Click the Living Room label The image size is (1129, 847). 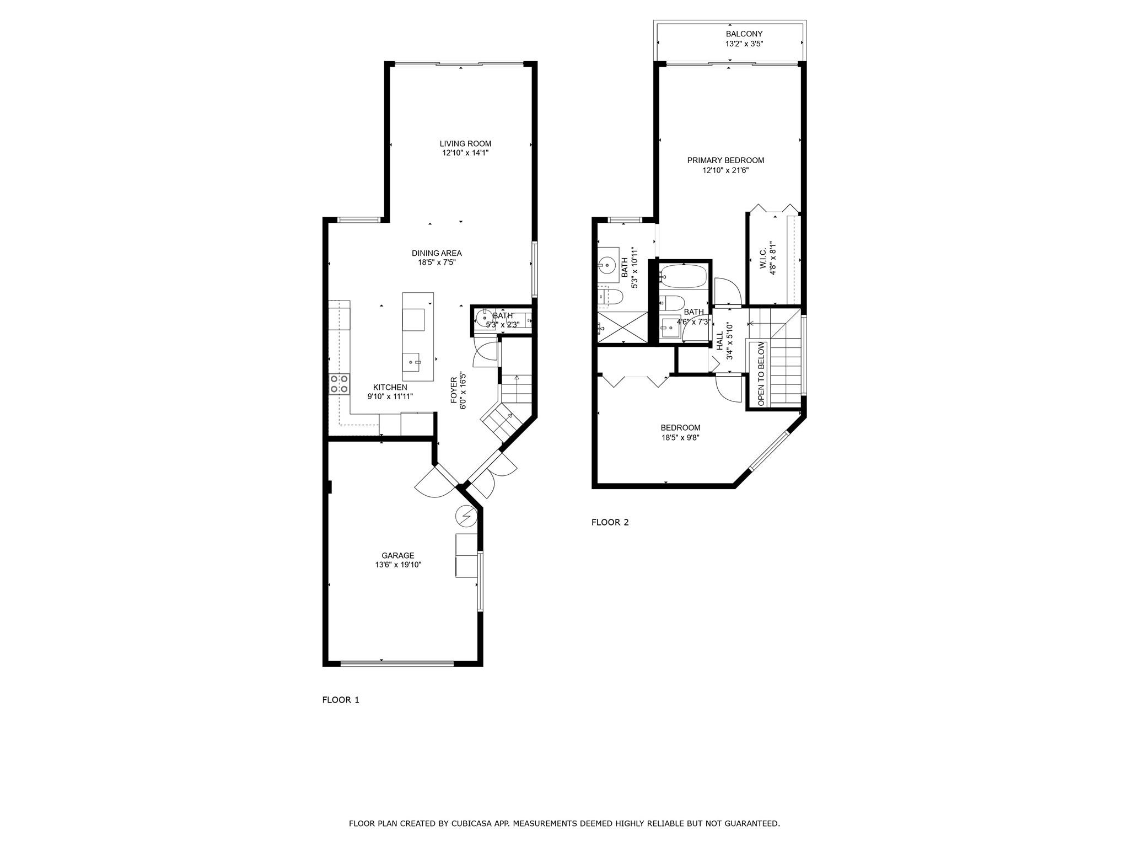point(465,144)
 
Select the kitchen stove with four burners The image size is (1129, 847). point(339,383)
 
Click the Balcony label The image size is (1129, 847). point(744,34)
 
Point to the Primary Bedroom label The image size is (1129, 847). point(725,160)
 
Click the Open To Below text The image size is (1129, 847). point(761,374)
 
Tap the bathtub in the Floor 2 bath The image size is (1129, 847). point(684,276)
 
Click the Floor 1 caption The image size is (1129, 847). point(341,700)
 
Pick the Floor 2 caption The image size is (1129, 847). point(610,522)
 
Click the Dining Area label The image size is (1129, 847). point(437,254)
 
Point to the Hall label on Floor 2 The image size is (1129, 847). point(720,341)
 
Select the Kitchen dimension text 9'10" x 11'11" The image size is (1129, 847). point(390,396)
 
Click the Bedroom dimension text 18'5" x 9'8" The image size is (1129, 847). point(681,438)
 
